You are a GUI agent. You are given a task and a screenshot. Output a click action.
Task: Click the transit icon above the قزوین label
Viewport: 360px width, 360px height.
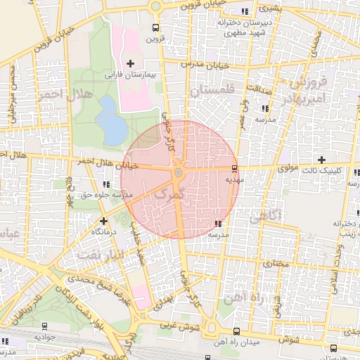point(155,28)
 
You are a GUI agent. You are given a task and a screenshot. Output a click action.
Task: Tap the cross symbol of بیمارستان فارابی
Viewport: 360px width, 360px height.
point(129,64)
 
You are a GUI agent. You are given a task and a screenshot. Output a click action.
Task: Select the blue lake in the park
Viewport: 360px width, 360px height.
point(110,118)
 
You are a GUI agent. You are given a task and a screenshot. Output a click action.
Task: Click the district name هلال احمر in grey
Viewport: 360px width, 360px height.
point(62,98)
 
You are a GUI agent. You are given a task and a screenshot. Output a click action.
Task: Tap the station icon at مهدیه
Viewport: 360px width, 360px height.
point(234,169)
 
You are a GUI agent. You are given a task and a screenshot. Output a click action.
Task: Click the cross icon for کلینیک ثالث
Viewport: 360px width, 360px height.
point(322,160)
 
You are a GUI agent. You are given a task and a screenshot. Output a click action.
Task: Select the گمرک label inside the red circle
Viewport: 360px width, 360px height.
point(169,195)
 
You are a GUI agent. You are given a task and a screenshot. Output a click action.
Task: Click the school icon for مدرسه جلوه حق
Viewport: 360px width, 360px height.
point(107,184)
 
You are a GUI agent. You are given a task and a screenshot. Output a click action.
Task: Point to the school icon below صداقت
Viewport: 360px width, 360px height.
point(265,108)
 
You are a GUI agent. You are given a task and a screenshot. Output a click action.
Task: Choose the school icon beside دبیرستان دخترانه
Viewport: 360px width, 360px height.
point(244,12)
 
